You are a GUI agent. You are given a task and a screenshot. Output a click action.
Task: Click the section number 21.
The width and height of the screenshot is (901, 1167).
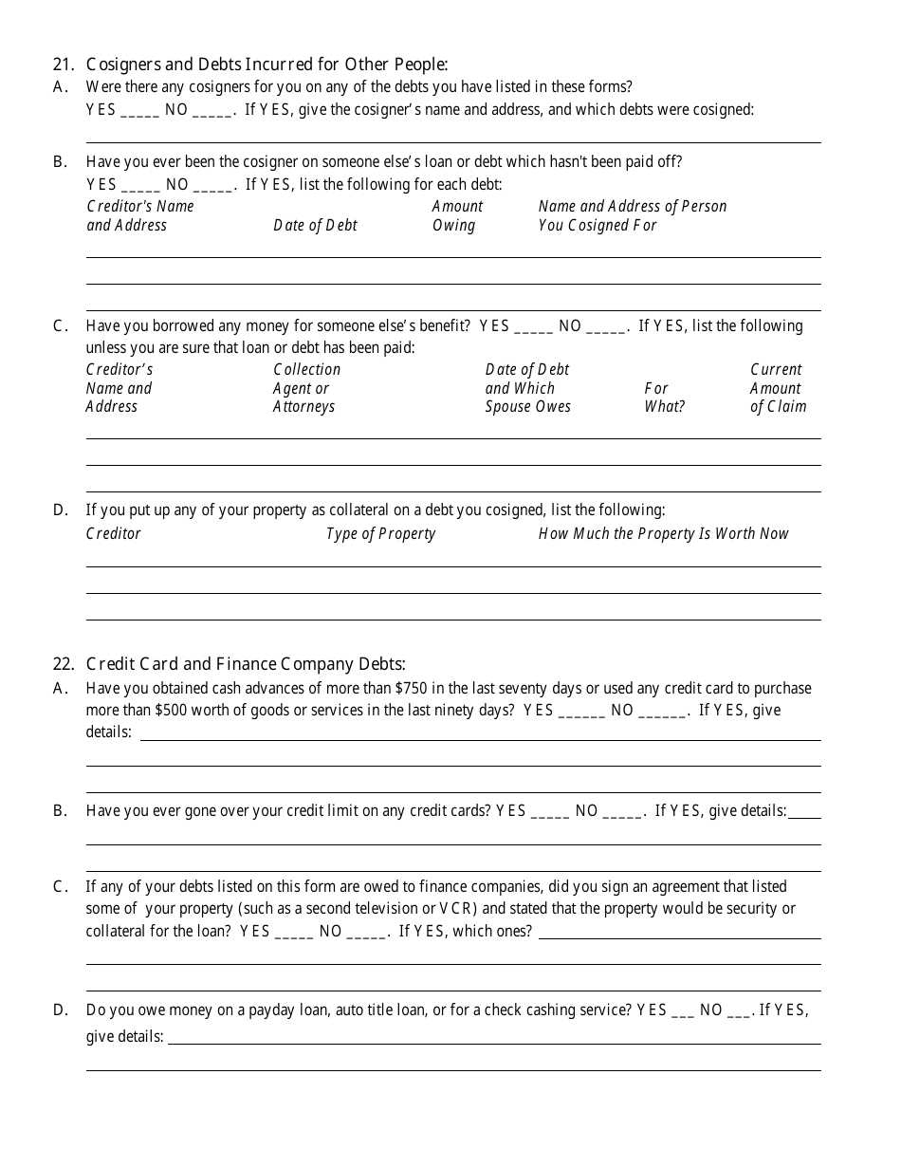(63, 65)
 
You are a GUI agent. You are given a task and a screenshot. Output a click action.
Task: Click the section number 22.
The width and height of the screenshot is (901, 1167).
(63, 664)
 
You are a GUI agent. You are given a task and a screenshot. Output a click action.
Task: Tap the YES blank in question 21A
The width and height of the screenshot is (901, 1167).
(140, 111)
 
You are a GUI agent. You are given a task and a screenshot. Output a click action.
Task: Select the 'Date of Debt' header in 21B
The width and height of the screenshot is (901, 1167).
(315, 226)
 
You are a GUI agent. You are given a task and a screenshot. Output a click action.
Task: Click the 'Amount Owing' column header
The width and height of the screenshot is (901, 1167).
(457, 216)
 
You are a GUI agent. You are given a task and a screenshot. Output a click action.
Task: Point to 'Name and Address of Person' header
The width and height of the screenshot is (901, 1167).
(633, 207)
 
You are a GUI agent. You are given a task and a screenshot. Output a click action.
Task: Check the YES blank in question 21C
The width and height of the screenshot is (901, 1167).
(534, 327)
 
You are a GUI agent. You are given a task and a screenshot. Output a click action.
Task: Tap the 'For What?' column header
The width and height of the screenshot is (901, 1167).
(664, 398)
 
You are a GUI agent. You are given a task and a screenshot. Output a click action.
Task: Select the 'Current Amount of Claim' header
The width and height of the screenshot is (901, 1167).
(778, 388)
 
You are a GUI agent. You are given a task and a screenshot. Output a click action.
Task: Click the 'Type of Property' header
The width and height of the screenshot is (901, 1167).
(380, 534)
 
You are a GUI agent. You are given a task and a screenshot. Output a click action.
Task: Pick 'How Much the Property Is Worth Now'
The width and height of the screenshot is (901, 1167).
(663, 534)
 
